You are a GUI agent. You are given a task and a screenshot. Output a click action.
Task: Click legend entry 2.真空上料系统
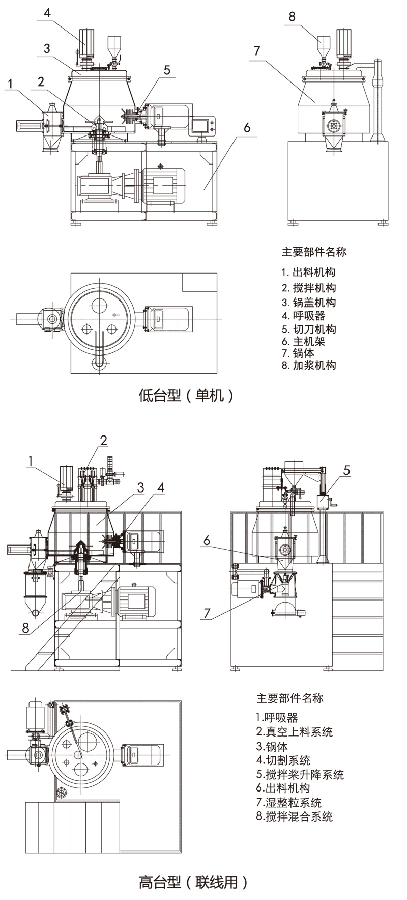[x=294, y=732]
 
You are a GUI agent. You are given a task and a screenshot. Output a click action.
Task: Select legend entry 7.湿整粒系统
[x=288, y=803]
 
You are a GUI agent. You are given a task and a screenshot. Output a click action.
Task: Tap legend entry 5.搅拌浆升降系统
[x=300, y=775]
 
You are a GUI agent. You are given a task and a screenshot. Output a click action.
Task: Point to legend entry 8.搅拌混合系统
[x=294, y=816]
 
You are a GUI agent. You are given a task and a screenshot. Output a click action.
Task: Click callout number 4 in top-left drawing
[x=47, y=12]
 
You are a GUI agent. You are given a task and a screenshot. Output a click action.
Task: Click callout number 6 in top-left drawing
[x=247, y=127]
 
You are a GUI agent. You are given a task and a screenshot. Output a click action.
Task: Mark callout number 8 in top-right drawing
[x=292, y=17]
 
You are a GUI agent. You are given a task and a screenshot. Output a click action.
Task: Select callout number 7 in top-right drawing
[x=257, y=50]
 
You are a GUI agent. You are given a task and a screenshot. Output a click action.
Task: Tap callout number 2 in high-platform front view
[x=103, y=440]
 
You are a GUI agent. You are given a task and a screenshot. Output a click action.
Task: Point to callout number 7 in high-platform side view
[x=207, y=613]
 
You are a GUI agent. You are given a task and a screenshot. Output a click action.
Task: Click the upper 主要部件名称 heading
[x=314, y=251]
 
